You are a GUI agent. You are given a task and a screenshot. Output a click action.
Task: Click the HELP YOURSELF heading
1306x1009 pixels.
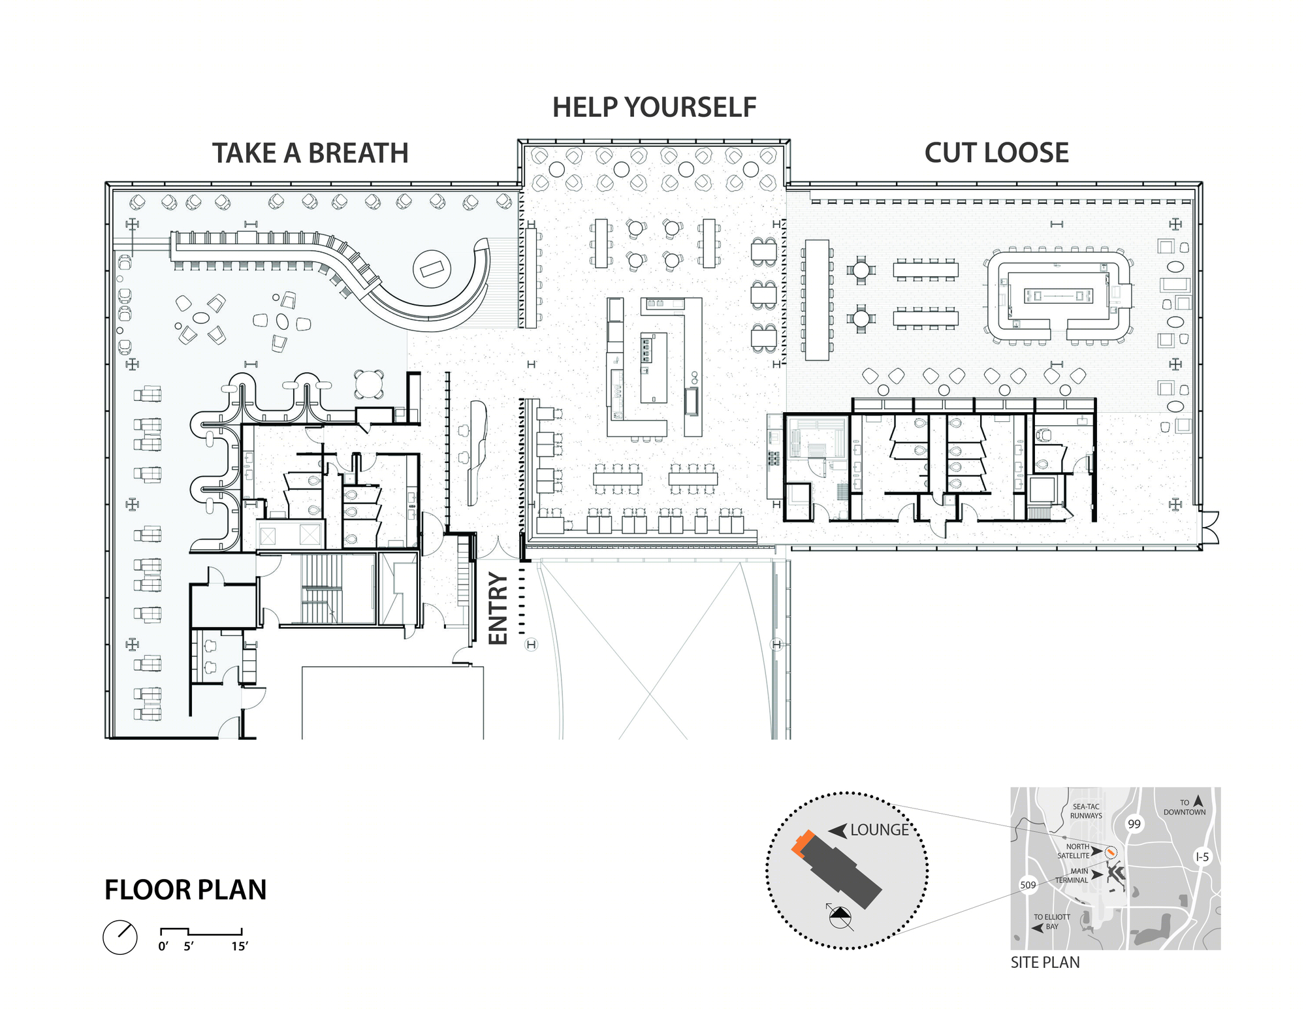(x=654, y=107)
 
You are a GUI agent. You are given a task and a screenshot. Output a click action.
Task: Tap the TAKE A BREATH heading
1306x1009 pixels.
(x=310, y=153)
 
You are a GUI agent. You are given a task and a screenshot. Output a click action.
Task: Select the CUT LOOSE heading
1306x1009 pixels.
(x=996, y=153)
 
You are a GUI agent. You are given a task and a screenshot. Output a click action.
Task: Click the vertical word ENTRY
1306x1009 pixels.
(x=498, y=609)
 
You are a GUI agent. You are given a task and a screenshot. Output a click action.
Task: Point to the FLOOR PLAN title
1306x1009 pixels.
(x=185, y=889)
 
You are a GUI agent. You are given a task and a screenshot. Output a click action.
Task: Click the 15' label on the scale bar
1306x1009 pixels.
(x=240, y=946)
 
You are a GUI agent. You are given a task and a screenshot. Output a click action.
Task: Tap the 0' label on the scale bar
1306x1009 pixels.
(x=163, y=946)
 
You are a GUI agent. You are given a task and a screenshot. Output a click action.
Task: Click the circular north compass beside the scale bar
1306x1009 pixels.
(x=120, y=937)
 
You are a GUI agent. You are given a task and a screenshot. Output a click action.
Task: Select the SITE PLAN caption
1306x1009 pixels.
(x=1045, y=962)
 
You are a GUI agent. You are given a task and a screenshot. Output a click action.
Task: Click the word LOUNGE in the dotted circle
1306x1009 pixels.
(x=879, y=830)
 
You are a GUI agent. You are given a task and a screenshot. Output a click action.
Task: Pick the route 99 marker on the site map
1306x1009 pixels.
(x=1134, y=824)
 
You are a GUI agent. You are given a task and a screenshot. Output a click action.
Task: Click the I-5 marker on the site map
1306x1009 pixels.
(x=1202, y=857)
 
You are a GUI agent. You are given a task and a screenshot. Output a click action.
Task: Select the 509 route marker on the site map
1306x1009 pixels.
(x=1028, y=885)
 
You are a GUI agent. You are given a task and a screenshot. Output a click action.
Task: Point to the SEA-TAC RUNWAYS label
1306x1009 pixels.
(x=1086, y=811)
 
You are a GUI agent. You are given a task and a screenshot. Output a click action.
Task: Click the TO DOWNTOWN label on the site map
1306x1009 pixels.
(x=1185, y=808)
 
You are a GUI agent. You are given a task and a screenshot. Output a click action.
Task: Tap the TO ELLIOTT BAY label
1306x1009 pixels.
(x=1052, y=921)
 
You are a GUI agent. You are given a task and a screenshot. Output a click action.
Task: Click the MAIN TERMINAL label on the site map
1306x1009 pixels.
(x=1072, y=876)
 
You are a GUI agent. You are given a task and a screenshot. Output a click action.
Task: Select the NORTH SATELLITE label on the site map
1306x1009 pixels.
(x=1074, y=851)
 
